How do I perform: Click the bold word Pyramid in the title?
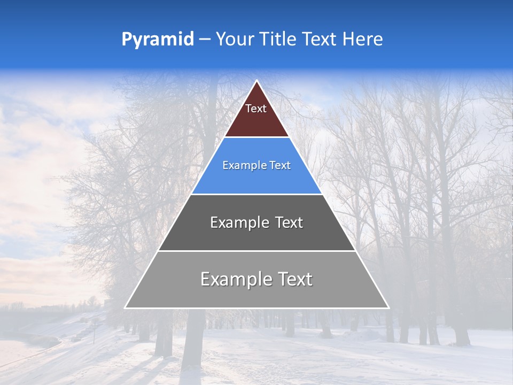click(x=158, y=40)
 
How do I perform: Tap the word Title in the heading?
click(x=278, y=39)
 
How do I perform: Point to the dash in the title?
click(x=205, y=40)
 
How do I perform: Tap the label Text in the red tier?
click(x=256, y=109)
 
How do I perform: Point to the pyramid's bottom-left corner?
click(x=125, y=307)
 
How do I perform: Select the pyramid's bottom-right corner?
click(x=388, y=307)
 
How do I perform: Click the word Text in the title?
click(x=319, y=39)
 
